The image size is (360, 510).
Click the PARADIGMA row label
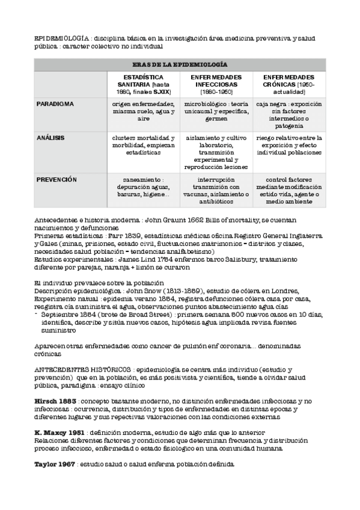point(55,104)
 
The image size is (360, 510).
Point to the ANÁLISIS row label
point(51,138)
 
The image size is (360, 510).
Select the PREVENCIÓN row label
point(56,179)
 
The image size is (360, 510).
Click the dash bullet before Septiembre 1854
point(36,314)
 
